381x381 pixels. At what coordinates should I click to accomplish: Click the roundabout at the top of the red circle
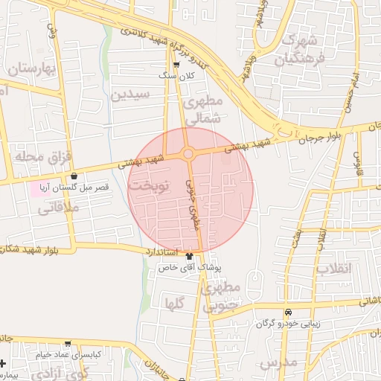pos(188,154)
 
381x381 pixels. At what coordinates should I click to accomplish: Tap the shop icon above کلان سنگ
pos(176,65)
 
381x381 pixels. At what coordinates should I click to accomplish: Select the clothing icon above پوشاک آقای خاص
pos(199,254)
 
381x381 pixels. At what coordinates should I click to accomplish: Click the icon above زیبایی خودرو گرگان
pos(287,312)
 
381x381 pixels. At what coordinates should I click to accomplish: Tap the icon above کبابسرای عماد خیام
pos(68,345)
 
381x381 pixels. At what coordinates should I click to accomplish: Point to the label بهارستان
pos(33,68)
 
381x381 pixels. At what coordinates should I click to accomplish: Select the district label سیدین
pos(130,95)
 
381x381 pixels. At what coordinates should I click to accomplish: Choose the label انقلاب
pos(333,268)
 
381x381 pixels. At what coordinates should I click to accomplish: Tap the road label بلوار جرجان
pos(318,135)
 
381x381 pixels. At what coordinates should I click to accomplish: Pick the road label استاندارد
pos(161,253)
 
